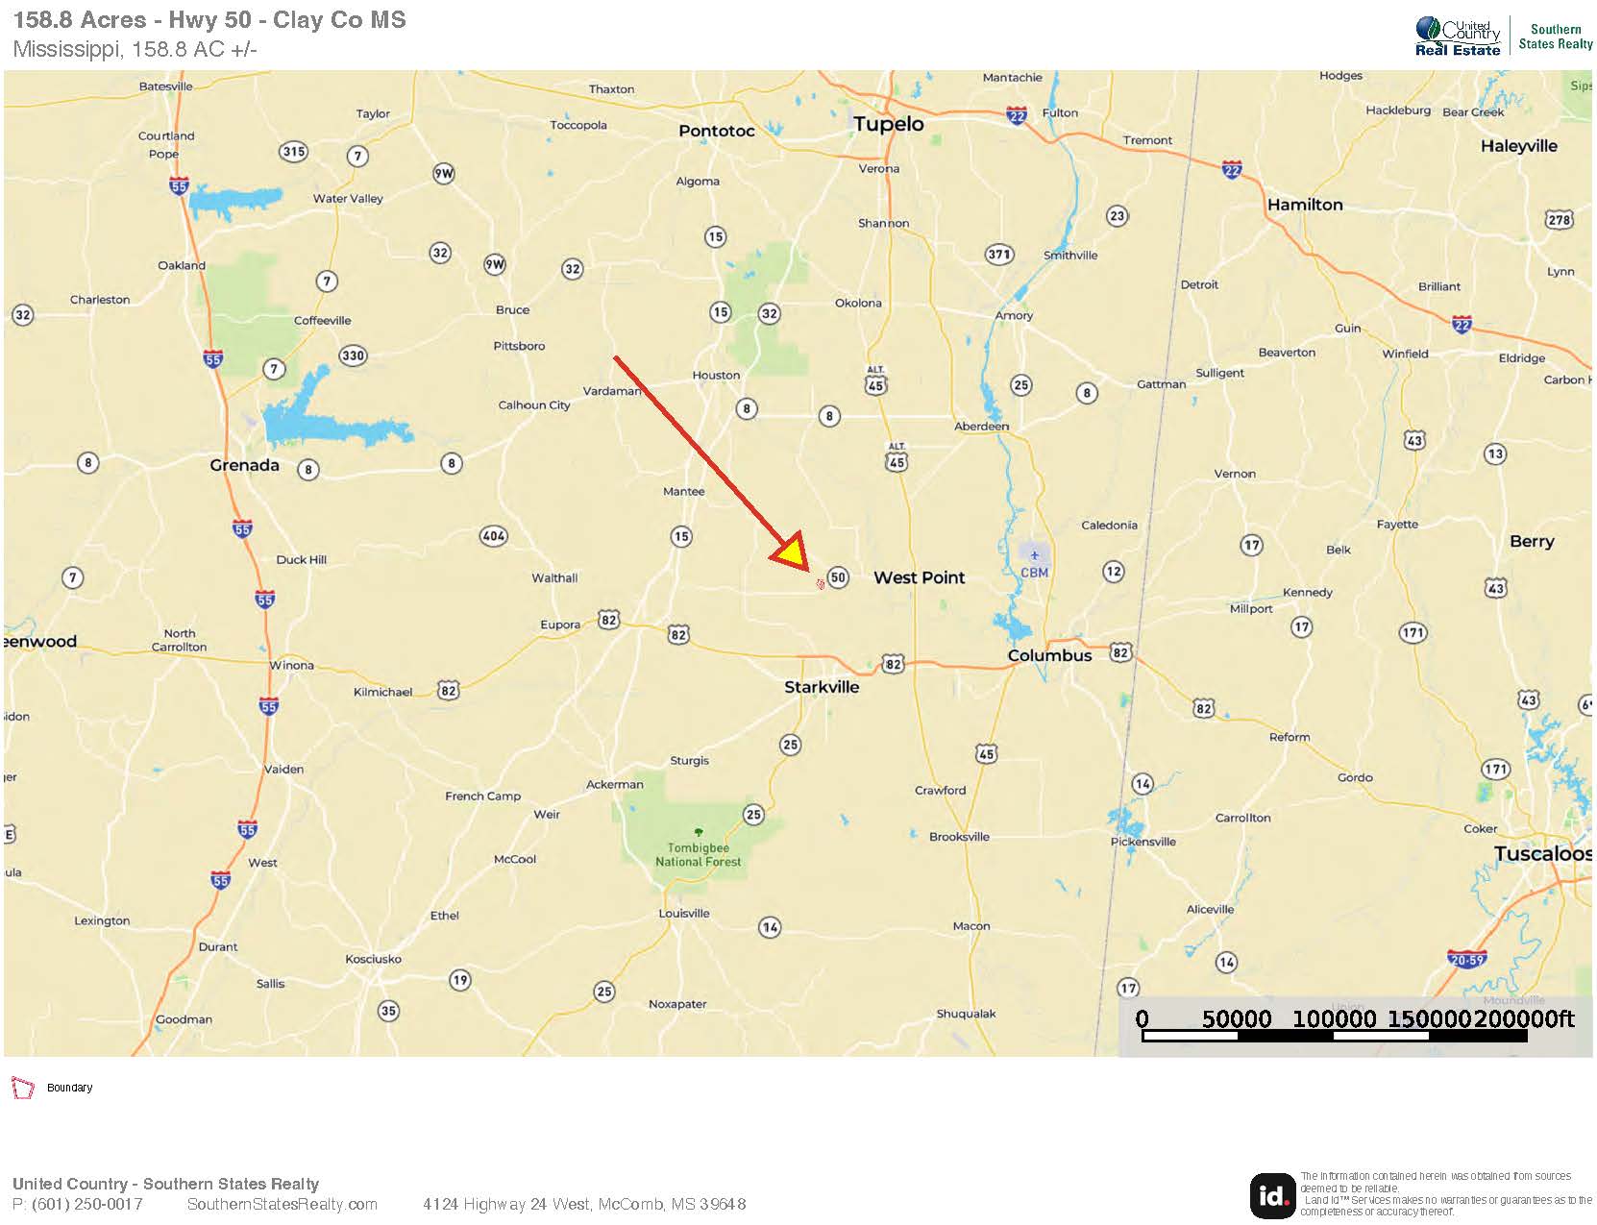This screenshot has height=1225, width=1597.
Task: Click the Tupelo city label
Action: [889, 124]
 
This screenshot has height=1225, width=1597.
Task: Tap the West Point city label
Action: [919, 577]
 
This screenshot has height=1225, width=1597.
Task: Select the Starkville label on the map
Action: [822, 687]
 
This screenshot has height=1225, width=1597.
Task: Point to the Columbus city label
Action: [1049, 655]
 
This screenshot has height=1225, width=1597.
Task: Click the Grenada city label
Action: [244, 465]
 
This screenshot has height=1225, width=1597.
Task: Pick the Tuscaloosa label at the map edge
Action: [1541, 854]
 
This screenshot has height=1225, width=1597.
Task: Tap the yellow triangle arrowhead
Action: [792, 555]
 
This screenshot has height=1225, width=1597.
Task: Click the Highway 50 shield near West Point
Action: [838, 577]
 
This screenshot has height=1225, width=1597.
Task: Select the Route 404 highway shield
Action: [494, 536]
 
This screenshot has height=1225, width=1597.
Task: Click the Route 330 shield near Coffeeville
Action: [353, 355]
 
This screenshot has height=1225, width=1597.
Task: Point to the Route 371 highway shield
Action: [999, 255]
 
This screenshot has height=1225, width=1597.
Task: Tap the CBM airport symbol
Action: [1035, 554]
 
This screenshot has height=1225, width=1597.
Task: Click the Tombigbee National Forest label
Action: [699, 854]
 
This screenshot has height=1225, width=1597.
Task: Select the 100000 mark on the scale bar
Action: [1334, 1019]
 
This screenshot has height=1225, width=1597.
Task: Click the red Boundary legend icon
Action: [22, 1088]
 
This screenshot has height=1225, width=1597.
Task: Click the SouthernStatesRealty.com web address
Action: [282, 1204]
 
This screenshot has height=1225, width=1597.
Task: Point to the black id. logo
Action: [1272, 1195]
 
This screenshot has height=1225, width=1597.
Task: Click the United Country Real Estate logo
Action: [1457, 37]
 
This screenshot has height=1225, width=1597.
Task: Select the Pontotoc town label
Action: [717, 131]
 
